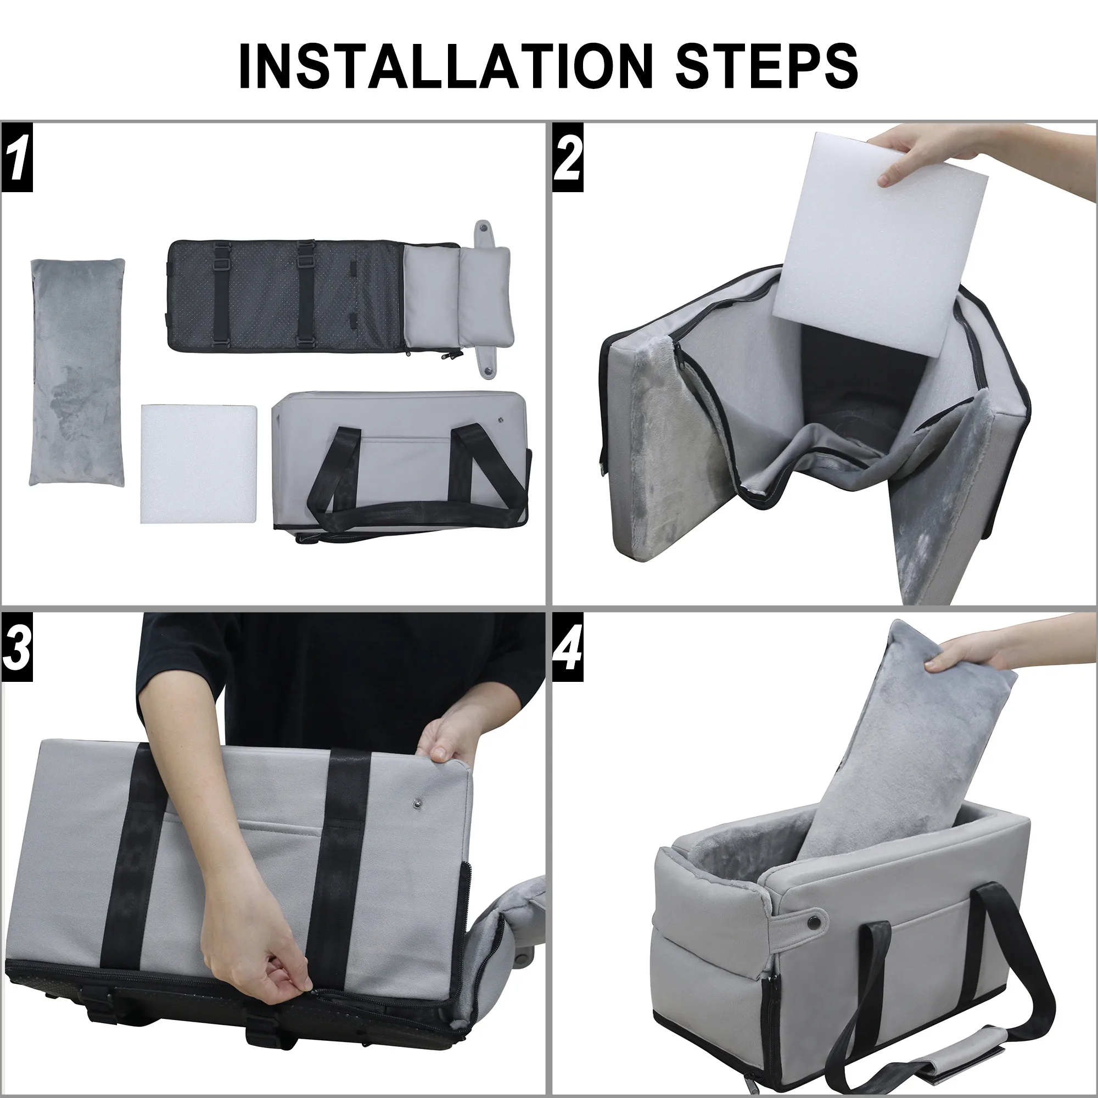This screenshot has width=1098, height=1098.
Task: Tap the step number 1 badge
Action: tap(16, 160)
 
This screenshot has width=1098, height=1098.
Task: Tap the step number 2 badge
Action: tap(568, 160)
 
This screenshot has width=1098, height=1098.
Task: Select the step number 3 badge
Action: tap(16, 649)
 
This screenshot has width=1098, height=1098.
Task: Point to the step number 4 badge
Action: tap(568, 649)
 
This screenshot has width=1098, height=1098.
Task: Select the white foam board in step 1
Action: tap(198, 463)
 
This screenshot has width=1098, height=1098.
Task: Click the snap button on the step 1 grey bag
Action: tap(501, 419)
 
